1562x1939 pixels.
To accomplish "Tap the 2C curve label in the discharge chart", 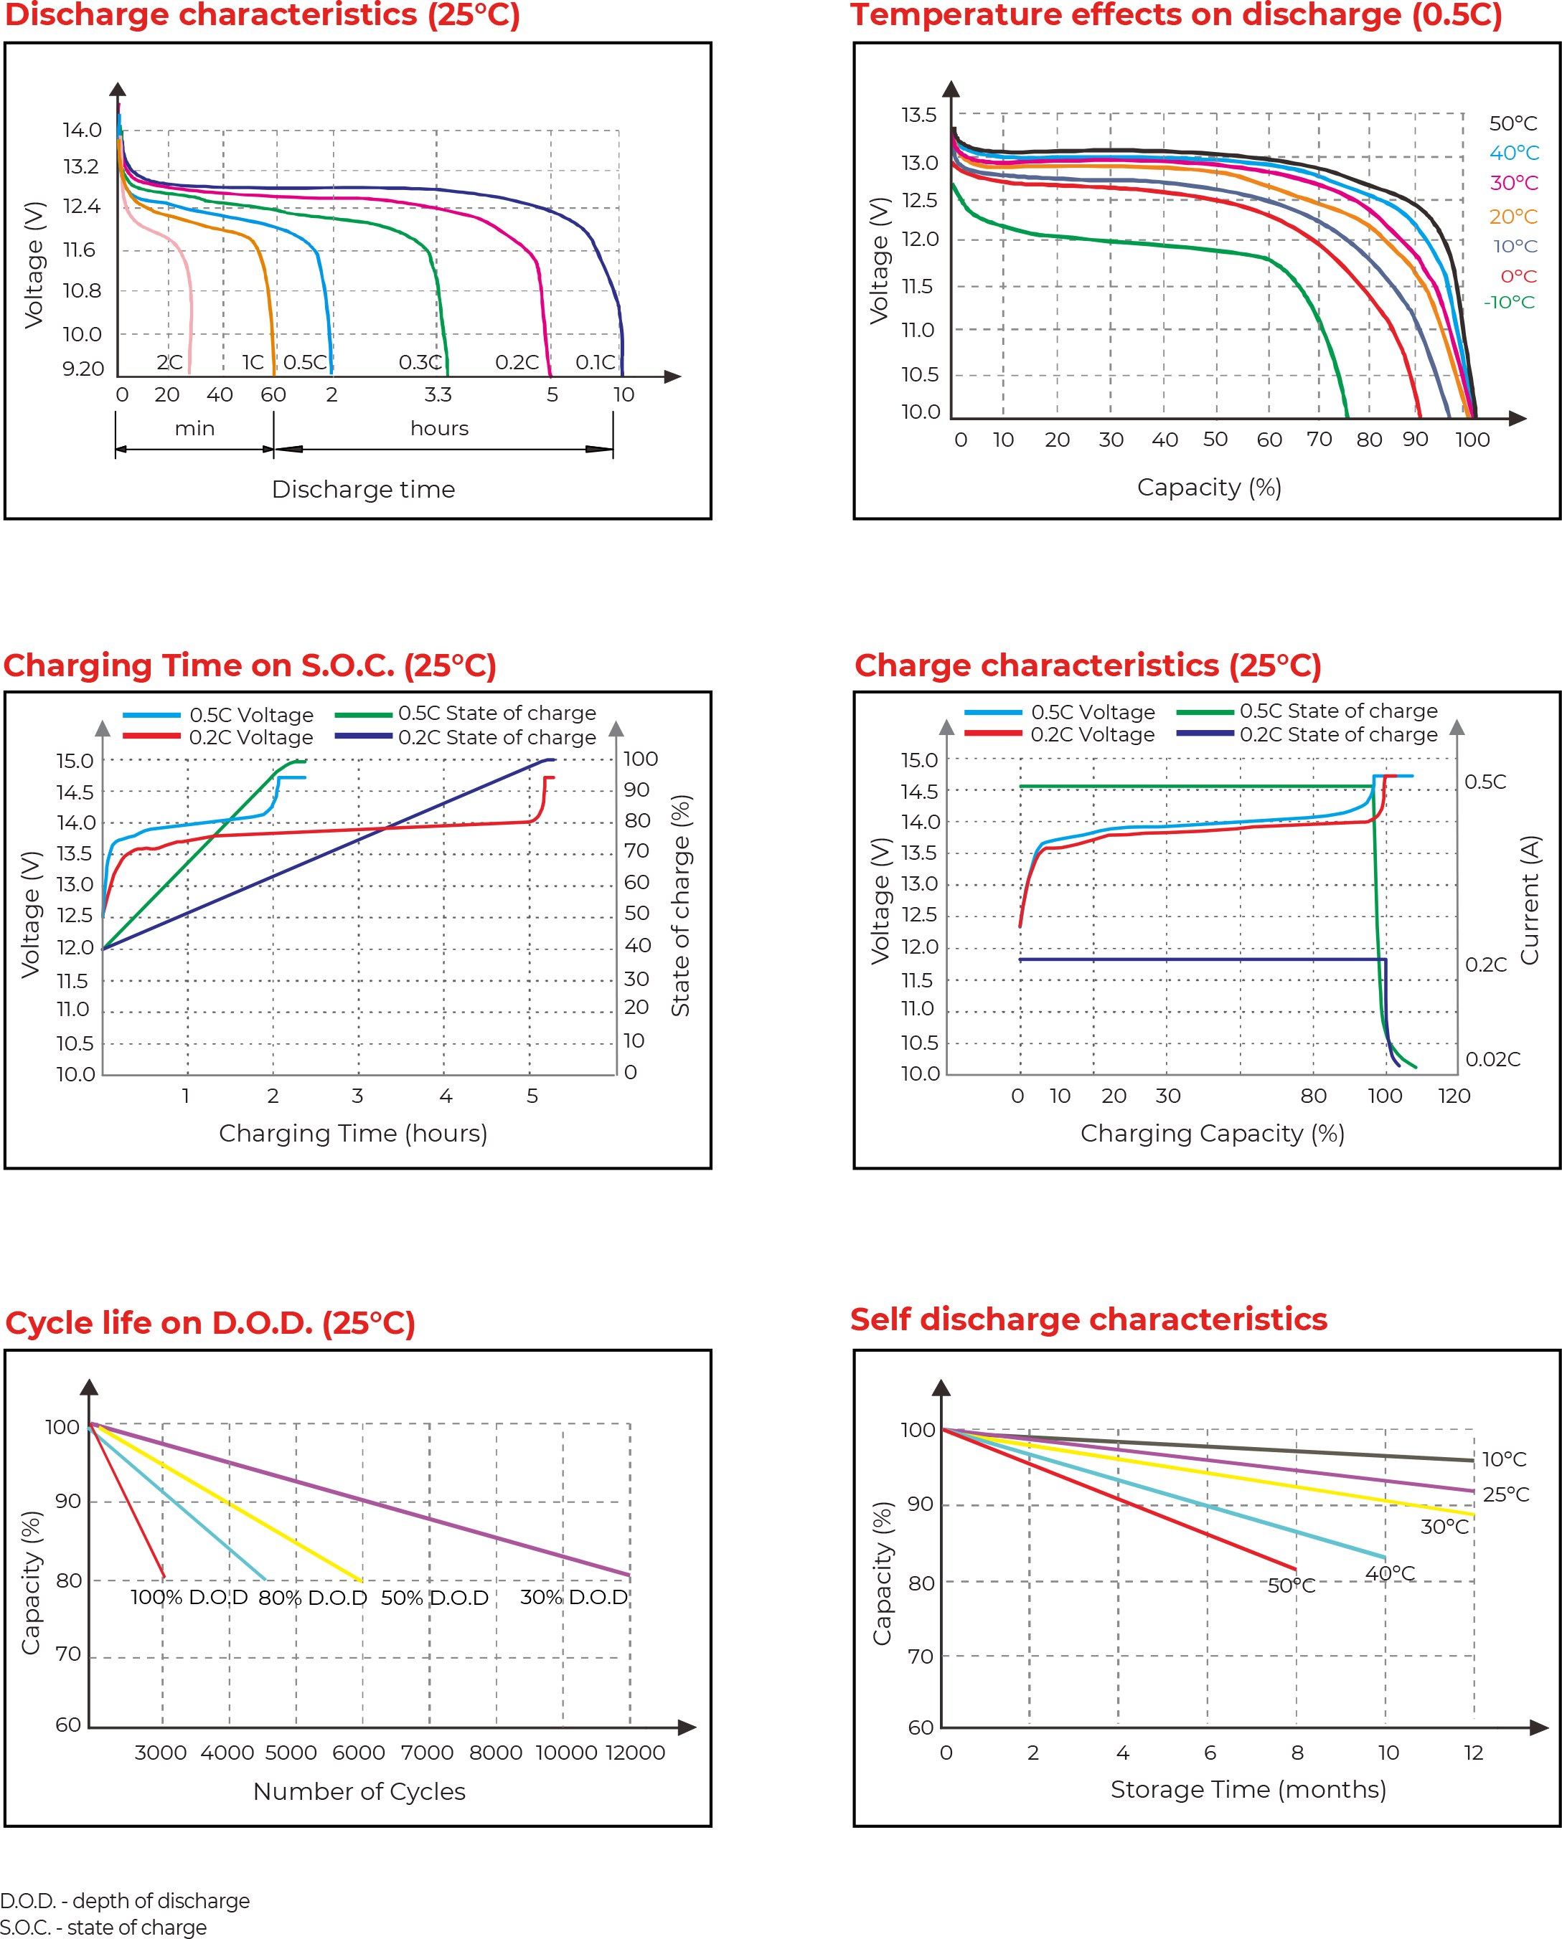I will [169, 362].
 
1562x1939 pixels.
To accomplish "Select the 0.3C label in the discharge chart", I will [420, 362].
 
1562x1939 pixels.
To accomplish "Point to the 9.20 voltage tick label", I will [83, 369].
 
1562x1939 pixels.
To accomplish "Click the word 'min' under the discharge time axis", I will [194, 428].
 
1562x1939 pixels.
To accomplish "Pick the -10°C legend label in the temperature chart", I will [1509, 302].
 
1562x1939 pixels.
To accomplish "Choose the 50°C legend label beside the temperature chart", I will [1513, 123].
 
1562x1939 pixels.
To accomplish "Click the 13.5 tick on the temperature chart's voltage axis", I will [918, 115].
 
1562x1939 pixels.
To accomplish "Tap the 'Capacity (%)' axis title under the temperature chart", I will [1208, 488].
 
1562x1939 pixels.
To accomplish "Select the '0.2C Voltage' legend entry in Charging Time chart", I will [250, 737].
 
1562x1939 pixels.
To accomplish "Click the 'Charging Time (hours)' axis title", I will [353, 1133].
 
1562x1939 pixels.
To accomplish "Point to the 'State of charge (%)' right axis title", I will [681, 905].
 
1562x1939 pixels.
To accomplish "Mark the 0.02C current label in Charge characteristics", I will [1492, 1059].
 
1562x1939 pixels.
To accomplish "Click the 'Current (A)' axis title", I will [1530, 899].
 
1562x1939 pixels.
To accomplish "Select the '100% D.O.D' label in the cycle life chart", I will [189, 1597].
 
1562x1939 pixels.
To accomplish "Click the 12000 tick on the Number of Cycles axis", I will [635, 1752].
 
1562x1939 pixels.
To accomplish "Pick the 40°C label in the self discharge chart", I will [1390, 1573].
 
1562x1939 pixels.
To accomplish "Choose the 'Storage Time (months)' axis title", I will [1248, 1789].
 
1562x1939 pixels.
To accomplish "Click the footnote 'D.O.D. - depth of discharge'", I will [125, 1900].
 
